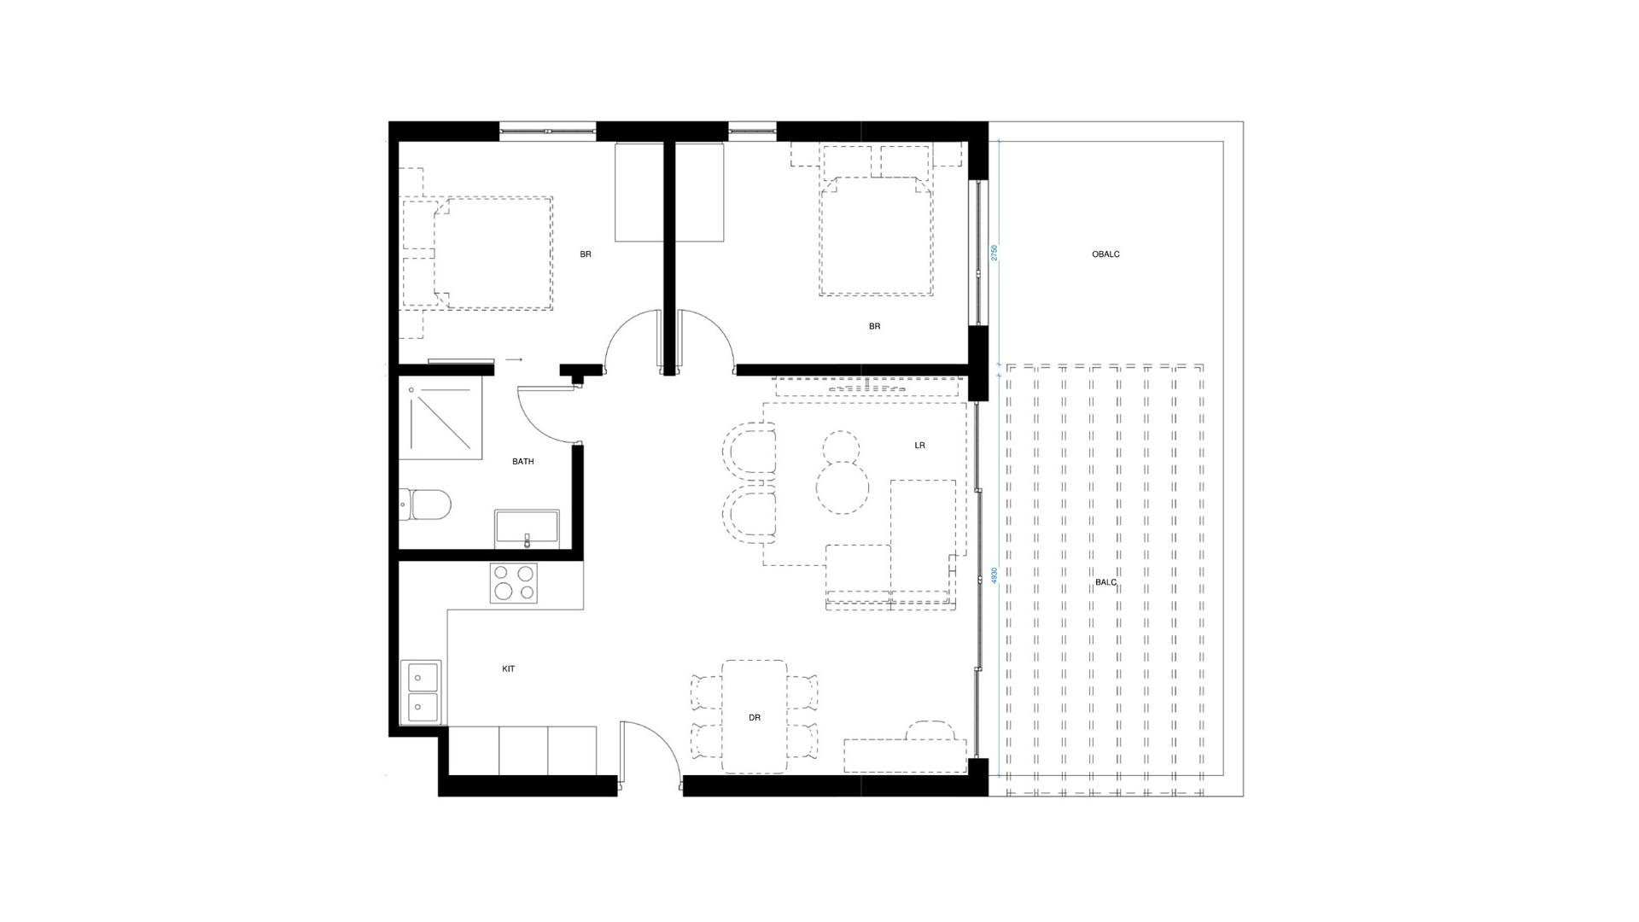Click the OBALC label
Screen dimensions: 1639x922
[1105, 254]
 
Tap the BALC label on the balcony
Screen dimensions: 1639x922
[1105, 582]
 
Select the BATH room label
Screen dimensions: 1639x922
[523, 462]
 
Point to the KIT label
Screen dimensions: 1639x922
[509, 669]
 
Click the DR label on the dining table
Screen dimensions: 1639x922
[755, 718]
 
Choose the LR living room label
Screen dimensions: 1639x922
[919, 446]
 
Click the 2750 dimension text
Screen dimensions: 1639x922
[994, 254]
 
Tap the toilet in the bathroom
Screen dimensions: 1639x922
[425, 505]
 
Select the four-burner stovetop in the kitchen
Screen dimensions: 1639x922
[513, 583]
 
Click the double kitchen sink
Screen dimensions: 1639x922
[421, 692]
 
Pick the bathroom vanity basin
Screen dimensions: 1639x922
[527, 529]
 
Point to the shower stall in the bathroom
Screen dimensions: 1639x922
[440, 418]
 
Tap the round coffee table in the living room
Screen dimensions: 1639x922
[843, 487]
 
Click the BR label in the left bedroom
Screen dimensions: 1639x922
[586, 254]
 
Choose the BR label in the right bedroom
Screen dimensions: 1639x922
[874, 326]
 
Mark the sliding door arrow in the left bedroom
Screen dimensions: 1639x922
[514, 360]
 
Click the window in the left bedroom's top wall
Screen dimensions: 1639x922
[547, 131]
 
